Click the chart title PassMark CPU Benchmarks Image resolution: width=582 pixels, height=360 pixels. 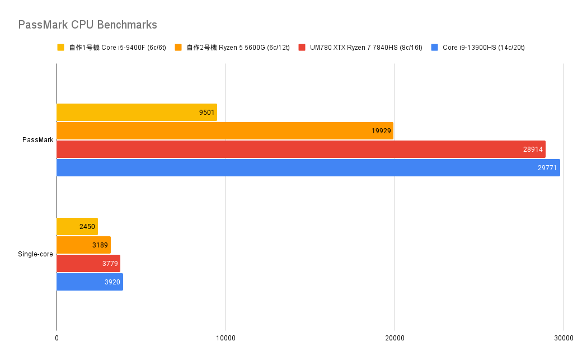(x=87, y=25)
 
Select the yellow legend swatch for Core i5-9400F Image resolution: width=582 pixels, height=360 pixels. (x=61, y=48)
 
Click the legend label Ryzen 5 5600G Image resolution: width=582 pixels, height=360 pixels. (x=238, y=48)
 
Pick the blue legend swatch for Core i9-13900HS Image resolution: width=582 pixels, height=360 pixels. (x=435, y=48)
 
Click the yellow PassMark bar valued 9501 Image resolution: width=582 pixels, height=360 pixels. (x=137, y=113)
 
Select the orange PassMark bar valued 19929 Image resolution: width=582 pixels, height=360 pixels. (x=225, y=131)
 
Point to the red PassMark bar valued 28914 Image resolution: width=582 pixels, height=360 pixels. (x=301, y=149)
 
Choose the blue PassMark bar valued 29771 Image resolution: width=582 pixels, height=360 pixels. (x=308, y=168)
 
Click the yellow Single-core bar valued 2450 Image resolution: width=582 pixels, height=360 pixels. (x=77, y=227)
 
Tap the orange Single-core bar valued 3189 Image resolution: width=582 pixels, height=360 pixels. (x=83, y=245)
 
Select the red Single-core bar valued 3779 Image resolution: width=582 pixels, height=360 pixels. (x=88, y=264)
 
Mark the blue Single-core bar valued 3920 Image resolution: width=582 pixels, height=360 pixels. (x=90, y=282)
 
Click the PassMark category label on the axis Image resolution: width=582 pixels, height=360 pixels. (x=38, y=140)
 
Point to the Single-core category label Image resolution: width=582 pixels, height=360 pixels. (x=35, y=254)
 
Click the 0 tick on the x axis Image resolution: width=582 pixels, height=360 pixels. (x=57, y=338)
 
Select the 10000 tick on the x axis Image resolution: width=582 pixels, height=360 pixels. (x=226, y=338)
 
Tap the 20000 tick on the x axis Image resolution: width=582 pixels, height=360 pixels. (x=395, y=338)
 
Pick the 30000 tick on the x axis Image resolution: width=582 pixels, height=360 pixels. (x=564, y=338)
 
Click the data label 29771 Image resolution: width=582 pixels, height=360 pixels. (x=548, y=168)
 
